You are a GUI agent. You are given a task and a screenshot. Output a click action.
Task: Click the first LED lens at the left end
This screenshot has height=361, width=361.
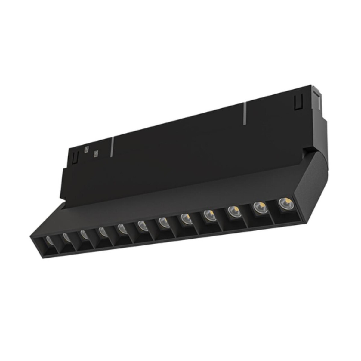point(49,240)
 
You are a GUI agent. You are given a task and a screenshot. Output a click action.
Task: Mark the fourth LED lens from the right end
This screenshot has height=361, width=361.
point(208,214)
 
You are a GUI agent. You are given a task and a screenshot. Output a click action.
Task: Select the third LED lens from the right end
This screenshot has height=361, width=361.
point(233,210)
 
